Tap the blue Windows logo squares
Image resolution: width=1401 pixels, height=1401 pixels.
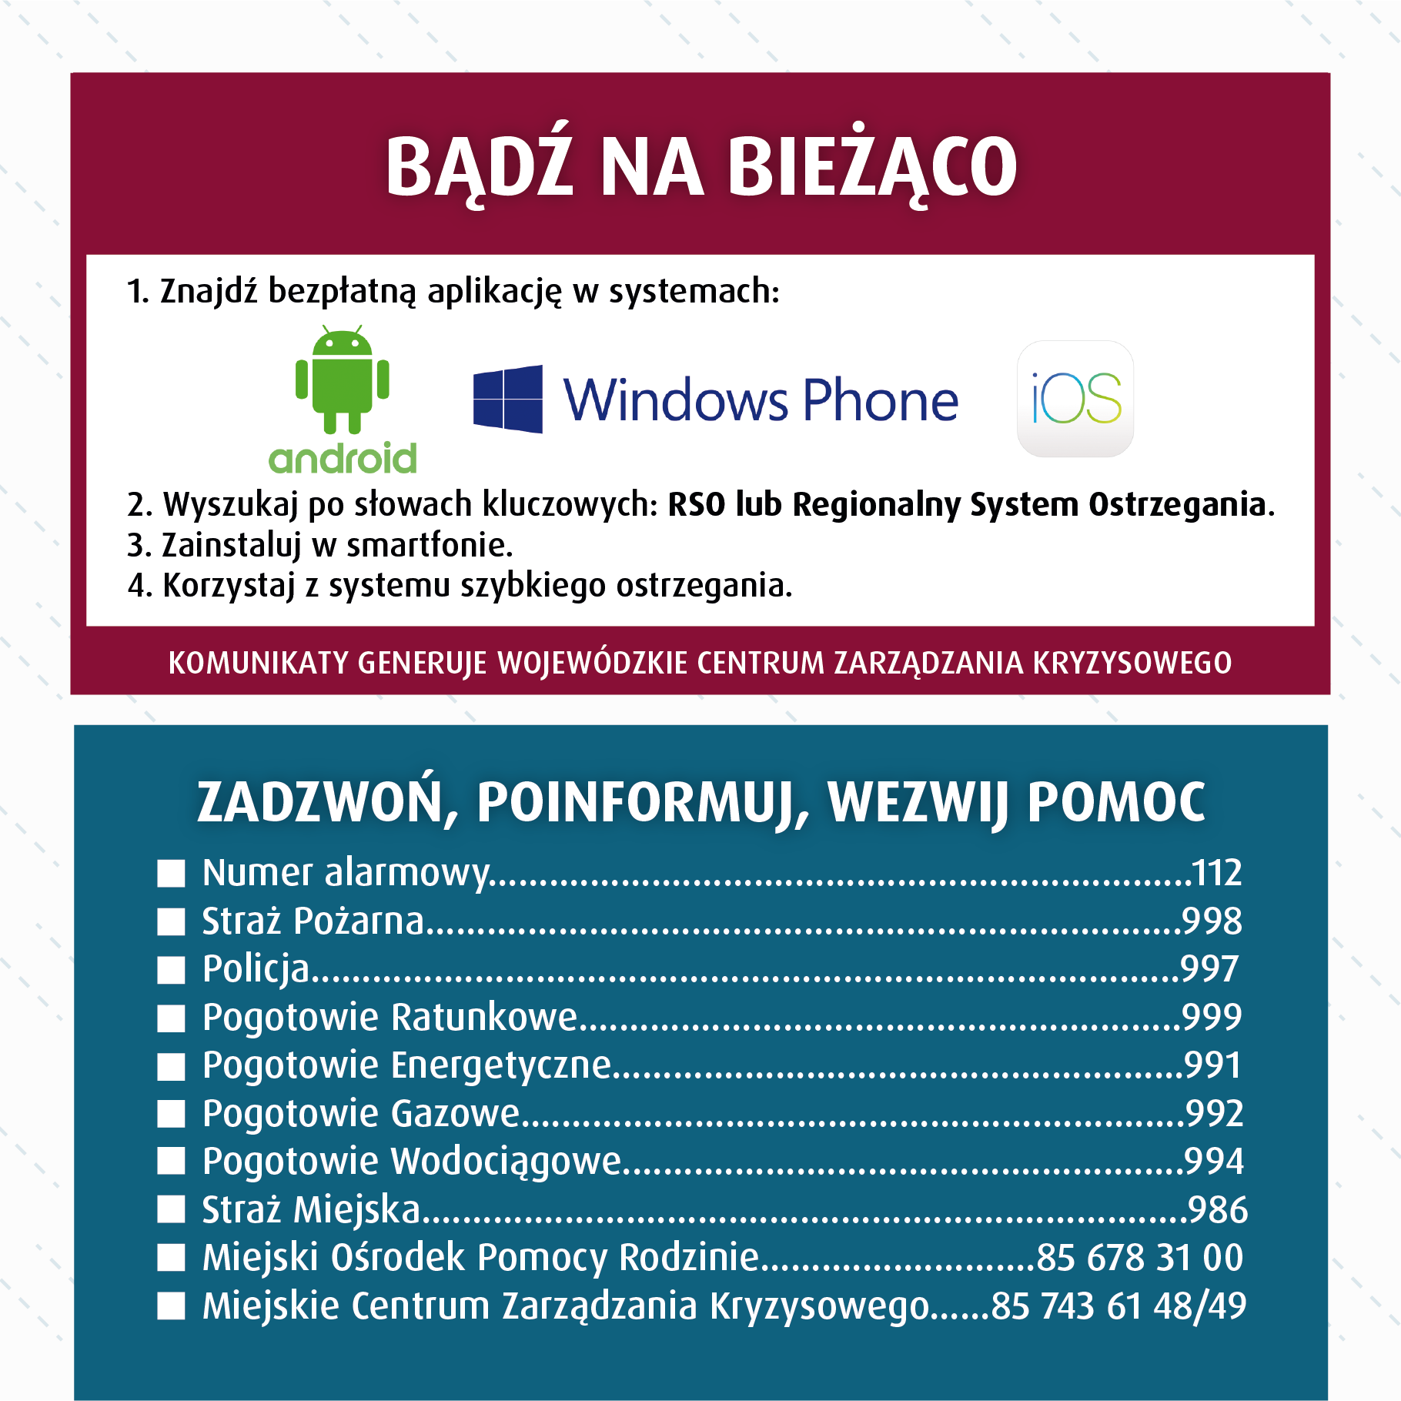point(507,399)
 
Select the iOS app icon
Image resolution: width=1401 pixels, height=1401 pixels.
point(1075,399)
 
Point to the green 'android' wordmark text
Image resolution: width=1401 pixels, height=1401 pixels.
point(343,459)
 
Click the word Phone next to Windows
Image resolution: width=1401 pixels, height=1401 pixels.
point(881,400)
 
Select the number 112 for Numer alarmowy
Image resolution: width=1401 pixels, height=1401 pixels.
point(1216,873)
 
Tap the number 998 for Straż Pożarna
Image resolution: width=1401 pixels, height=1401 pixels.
point(1212,921)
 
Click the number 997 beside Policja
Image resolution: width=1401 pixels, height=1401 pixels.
point(1209,969)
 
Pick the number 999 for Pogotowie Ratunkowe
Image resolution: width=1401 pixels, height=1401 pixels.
point(1212,1018)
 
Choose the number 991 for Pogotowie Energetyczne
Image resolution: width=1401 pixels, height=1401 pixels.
point(1212,1065)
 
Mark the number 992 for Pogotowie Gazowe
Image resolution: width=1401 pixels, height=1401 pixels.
point(1214,1114)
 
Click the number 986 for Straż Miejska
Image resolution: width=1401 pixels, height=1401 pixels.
point(1217,1210)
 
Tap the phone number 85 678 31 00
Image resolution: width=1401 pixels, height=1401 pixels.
point(1139,1258)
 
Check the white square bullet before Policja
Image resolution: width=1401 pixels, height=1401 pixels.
point(171,970)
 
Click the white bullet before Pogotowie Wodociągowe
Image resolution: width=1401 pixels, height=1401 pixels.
point(171,1162)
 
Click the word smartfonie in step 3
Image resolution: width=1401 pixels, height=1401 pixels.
point(429,546)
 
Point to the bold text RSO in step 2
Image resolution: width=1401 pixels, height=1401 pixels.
point(696,505)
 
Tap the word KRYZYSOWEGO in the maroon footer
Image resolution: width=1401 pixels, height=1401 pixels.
point(1132,663)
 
